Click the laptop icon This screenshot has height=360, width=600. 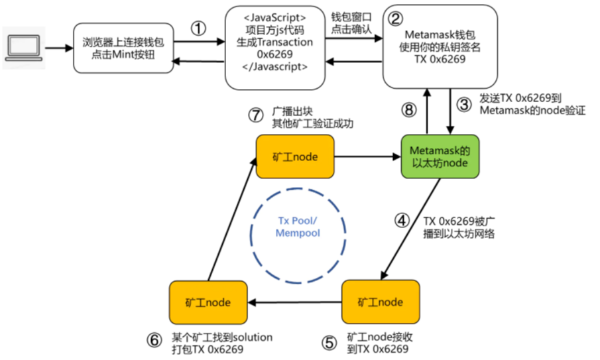(24, 48)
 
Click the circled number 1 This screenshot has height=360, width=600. (198, 29)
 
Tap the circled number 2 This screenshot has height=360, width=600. (395, 19)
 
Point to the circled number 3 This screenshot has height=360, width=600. (464, 105)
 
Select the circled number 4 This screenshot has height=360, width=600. (402, 220)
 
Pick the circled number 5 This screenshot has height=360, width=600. (329, 343)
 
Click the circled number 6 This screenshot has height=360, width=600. (154, 339)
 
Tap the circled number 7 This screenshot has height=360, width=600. (256, 115)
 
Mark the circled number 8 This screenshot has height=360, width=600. (409, 110)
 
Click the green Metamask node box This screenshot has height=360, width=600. (440, 156)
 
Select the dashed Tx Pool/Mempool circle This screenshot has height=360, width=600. (298, 188)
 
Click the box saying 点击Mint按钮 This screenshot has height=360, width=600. (123, 48)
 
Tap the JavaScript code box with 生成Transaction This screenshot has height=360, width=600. (274, 48)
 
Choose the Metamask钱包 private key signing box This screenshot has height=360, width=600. (440, 46)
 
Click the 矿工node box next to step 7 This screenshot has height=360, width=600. (295, 156)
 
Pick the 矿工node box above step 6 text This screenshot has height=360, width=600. (208, 302)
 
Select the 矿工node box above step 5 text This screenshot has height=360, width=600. (381, 302)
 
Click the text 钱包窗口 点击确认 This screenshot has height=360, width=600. (351, 23)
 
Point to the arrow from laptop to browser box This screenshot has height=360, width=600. (59, 48)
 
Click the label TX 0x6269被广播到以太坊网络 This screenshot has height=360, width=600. (459, 227)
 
